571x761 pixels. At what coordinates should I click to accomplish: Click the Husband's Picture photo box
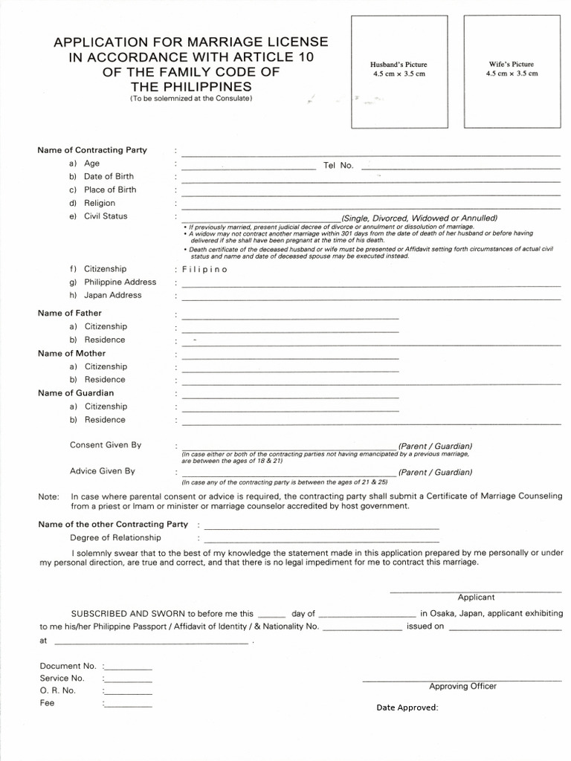(x=399, y=71)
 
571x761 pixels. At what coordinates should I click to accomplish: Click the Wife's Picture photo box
(x=510, y=71)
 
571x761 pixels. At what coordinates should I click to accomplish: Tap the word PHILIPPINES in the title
(x=191, y=87)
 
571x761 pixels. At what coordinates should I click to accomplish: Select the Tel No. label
(x=338, y=165)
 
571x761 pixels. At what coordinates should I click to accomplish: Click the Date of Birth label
(x=109, y=176)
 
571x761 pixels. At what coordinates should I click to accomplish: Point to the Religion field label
(x=100, y=203)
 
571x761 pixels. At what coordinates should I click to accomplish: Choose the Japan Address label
(x=112, y=295)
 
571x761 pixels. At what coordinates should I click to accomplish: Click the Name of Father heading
(x=70, y=313)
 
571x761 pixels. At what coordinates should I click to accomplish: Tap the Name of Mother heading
(x=71, y=353)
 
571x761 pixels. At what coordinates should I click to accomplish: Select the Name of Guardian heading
(x=76, y=392)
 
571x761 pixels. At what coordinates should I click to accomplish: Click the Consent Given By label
(x=106, y=445)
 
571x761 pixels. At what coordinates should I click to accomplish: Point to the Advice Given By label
(x=103, y=471)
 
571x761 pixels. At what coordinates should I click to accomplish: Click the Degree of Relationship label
(x=115, y=537)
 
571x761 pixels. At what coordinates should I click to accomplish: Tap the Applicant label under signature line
(x=476, y=597)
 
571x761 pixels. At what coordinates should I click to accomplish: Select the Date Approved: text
(x=407, y=707)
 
